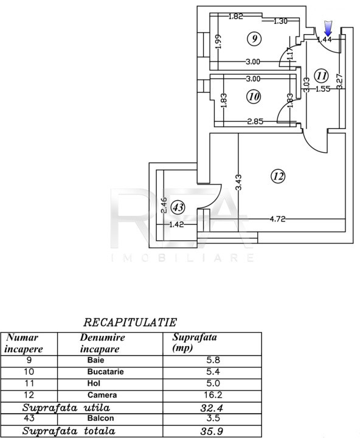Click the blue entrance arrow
(x=328, y=28)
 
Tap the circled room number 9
(x=254, y=38)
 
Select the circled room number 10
(x=254, y=97)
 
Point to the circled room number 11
(x=321, y=75)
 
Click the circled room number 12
(x=278, y=176)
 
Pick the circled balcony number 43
(x=178, y=207)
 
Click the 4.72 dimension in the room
(x=277, y=219)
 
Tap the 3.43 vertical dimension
(x=238, y=182)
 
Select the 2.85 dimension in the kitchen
(x=255, y=121)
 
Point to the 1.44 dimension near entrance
(x=325, y=40)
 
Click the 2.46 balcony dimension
(x=164, y=206)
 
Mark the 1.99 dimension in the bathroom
(x=218, y=41)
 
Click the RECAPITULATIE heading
(x=130, y=322)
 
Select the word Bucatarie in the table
(x=105, y=372)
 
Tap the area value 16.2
(x=213, y=395)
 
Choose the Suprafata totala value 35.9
(x=212, y=431)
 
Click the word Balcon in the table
(x=100, y=418)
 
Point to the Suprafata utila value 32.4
(x=212, y=408)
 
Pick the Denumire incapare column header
(x=102, y=343)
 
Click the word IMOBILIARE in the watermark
(x=182, y=257)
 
